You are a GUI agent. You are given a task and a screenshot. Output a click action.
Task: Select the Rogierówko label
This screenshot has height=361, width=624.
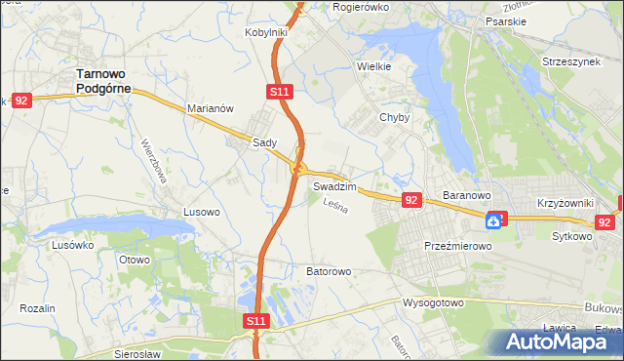tap(361, 6)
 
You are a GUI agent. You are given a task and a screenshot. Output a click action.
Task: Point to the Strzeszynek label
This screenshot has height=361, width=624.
tap(572, 60)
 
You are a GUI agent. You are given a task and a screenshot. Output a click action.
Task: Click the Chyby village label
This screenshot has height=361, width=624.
tap(395, 117)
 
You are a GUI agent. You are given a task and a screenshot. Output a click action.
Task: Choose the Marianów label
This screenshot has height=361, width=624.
tap(210, 109)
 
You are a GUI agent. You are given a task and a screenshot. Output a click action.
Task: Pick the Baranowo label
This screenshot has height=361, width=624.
tap(465, 195)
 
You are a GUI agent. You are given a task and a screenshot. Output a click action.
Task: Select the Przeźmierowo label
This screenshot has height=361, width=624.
tap(457, 247)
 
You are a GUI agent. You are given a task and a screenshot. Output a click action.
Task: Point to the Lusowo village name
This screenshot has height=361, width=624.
tap(203, 211)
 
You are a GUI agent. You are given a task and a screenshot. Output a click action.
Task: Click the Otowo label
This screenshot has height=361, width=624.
tap(134, 260)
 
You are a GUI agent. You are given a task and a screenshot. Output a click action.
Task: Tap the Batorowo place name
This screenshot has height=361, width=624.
tap(329, 271)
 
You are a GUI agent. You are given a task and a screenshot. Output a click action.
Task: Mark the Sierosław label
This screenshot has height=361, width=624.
tap(136, 354)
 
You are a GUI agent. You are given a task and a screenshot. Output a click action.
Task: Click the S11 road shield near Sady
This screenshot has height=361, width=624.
tap(279, 91)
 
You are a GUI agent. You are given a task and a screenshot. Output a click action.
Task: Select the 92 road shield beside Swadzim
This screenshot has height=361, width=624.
tap(410, 200)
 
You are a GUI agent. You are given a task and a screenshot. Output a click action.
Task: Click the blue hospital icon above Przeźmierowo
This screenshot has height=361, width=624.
tap(495, 221)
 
